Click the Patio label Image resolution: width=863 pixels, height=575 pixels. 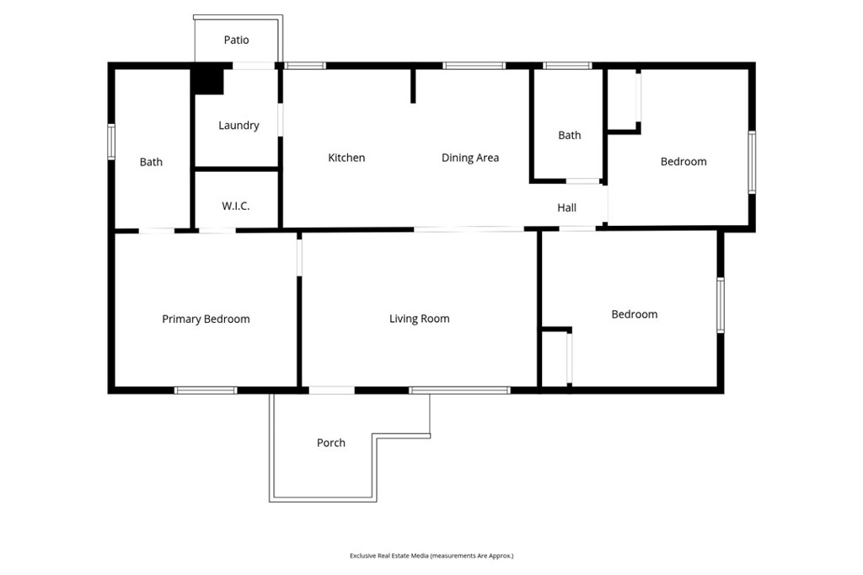(x=236, y=40)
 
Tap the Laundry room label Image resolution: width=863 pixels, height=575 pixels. (x=239, y=126)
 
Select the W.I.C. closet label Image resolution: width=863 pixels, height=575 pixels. (x=236, y=206)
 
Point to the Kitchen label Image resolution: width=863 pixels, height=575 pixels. (x=346, y=158)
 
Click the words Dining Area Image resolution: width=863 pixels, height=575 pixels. (x=470, y=158)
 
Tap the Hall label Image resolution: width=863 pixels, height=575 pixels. (x=567, y=207)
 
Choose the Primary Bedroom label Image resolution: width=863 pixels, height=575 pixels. (x=206, y=319)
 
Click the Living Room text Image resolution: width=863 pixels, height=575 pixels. (x=419, y=319)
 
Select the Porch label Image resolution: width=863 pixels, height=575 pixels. (x=331, y=443)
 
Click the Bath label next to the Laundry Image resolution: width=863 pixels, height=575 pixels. (x=151, y=162)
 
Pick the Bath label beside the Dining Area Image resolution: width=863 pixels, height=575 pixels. (x=570, y=135)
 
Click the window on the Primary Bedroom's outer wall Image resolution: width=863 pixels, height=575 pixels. (x=206, y=390)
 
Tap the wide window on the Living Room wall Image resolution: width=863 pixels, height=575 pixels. (x=459, y=390)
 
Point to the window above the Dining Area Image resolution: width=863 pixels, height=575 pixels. (x=474, y=65)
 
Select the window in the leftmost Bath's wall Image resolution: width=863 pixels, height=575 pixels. (x=111, y=142)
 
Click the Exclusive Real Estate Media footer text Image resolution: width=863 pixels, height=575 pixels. (x=431, y=556)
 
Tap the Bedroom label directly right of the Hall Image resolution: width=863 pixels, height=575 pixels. (x=683, y=162)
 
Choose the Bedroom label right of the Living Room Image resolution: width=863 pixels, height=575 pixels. (x=635, y=314)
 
